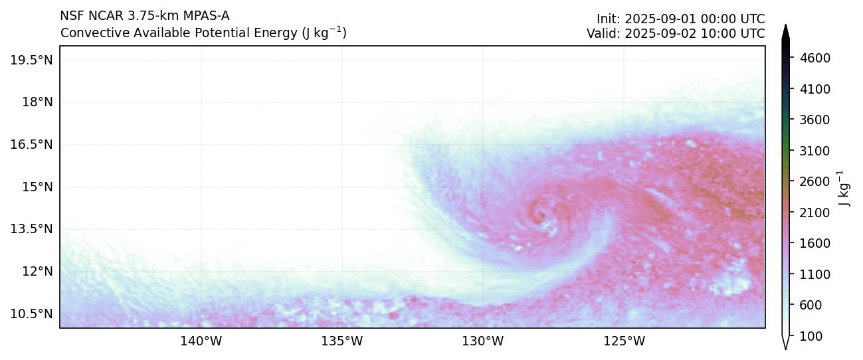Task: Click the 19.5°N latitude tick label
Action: point(31,60)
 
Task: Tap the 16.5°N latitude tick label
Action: point(31,145)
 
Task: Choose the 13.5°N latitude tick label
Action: point(31,229)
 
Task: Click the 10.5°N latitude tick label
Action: point(31,314)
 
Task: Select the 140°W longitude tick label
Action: point(201,341)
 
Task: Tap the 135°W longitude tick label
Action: point(342,341)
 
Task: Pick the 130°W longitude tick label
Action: point(483,341)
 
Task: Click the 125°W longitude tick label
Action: point(624,341)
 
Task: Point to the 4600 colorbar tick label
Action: point(815,58)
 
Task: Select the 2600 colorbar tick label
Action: point(815,182)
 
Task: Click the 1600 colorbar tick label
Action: point(815,244)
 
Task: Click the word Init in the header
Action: point(607,19)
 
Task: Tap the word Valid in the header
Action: point(601,33)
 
